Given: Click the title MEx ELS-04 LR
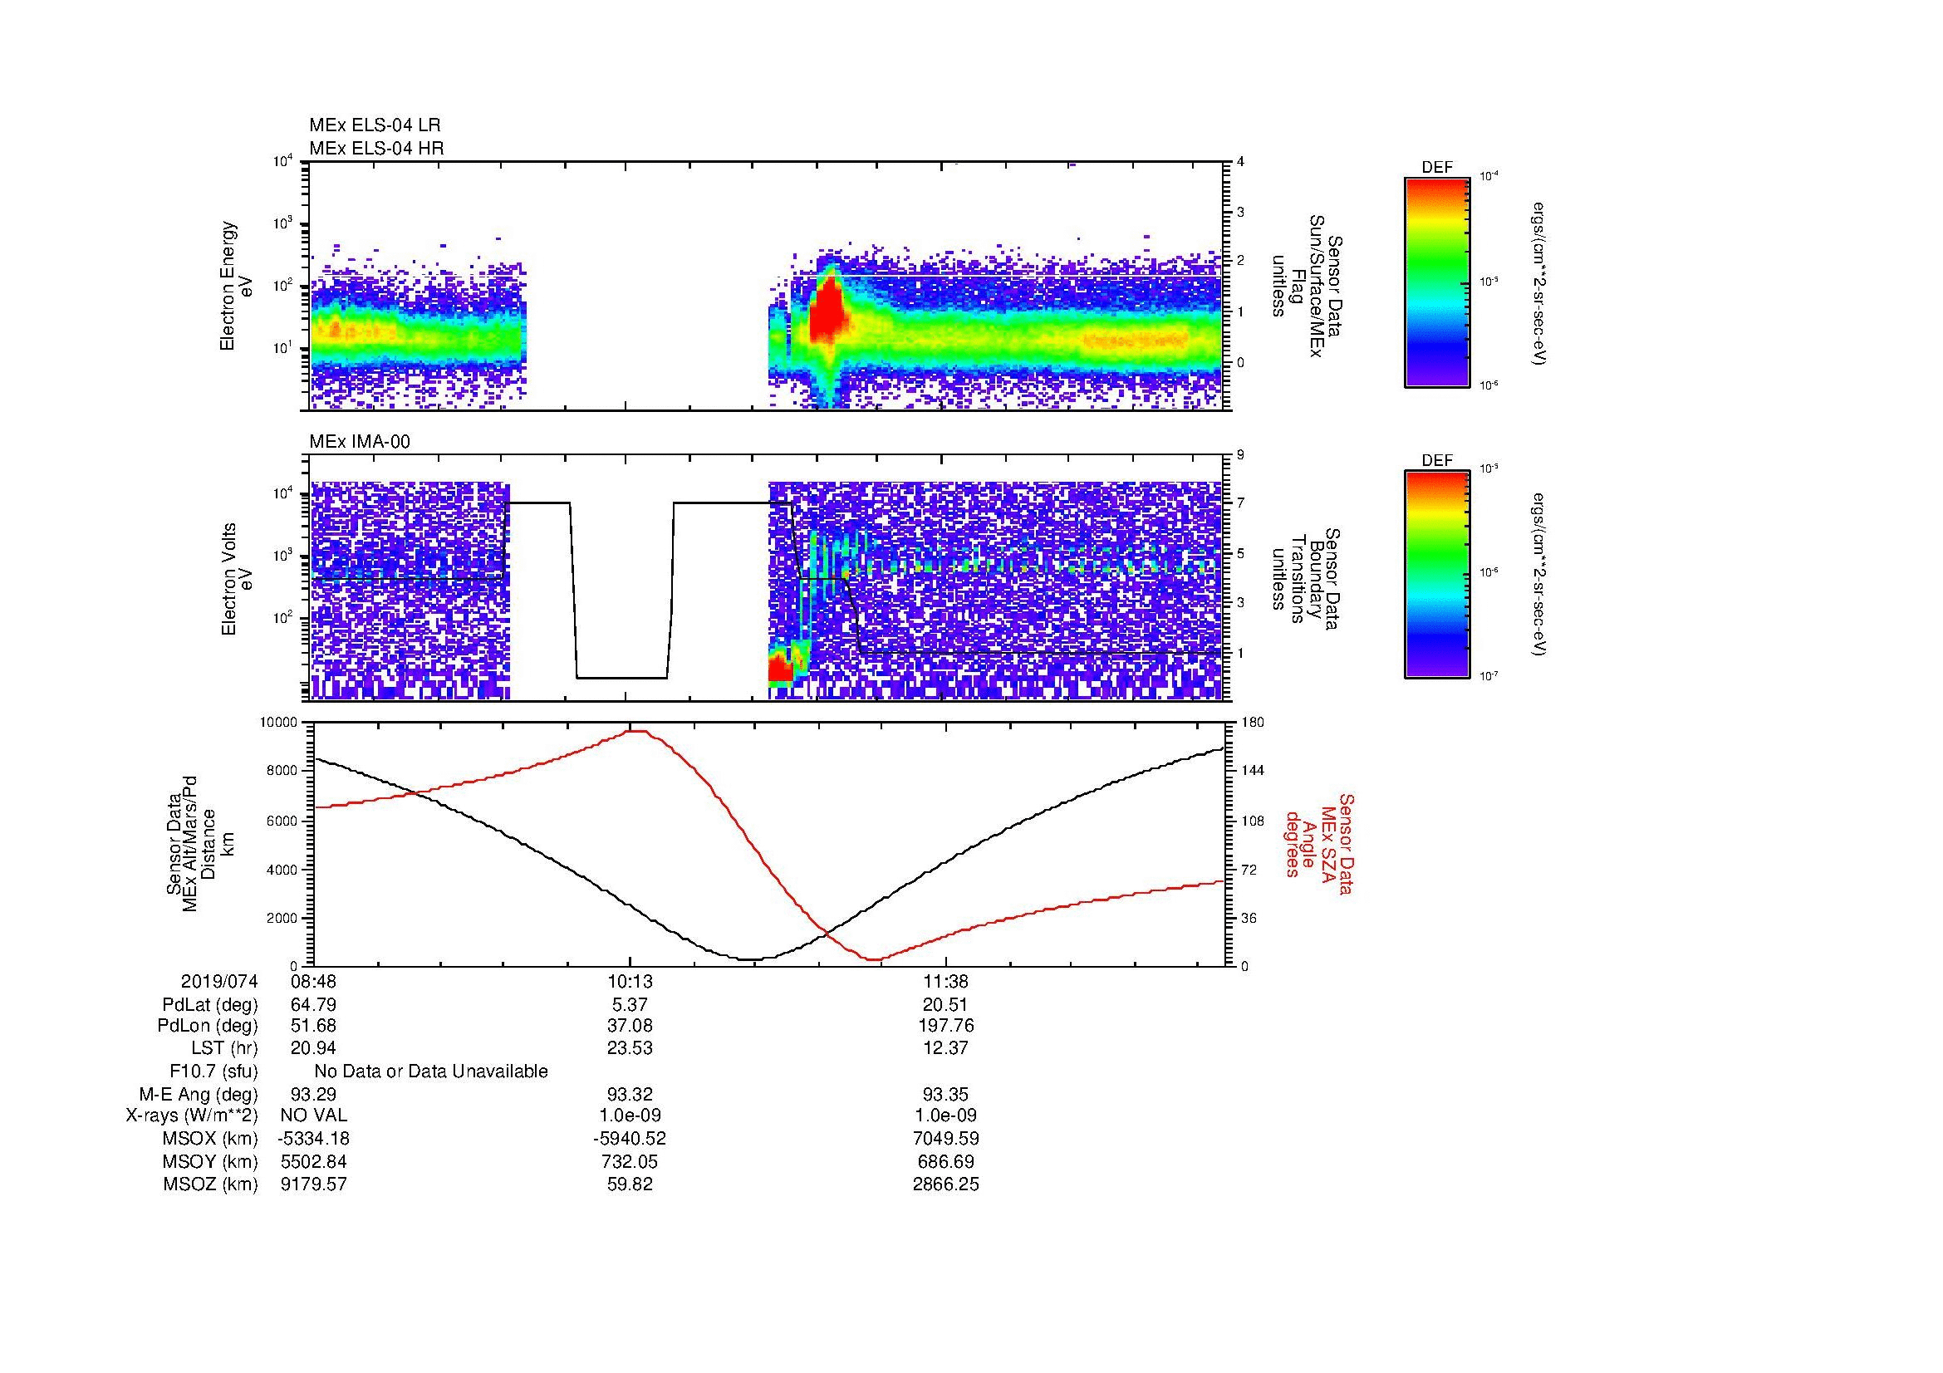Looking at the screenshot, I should (x=375, y=125).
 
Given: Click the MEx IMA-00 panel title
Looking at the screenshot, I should (x=360, y=442).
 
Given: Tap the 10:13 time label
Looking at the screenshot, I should (x=630, y=981).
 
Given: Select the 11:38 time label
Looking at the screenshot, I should (x=946, y=981).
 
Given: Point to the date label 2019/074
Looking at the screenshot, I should (x=219, y=981).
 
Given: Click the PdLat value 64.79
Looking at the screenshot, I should (x=313, y=1005).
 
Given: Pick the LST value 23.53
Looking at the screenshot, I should (x=630, y=1047).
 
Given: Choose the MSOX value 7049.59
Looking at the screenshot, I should (x=946, y=1139).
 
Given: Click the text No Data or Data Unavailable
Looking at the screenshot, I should (x=431, y=1071).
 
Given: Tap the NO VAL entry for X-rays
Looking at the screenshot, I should (x=313, y=1116).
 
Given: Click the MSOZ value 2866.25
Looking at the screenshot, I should (x=946, y=1184).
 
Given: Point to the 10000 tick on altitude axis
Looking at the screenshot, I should (x=280, y=723).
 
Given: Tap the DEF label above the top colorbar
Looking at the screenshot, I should (x=1437, y=168).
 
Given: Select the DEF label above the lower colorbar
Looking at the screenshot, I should (x=1437, y=460).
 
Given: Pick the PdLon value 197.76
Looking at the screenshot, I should (x=946, y=1025).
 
